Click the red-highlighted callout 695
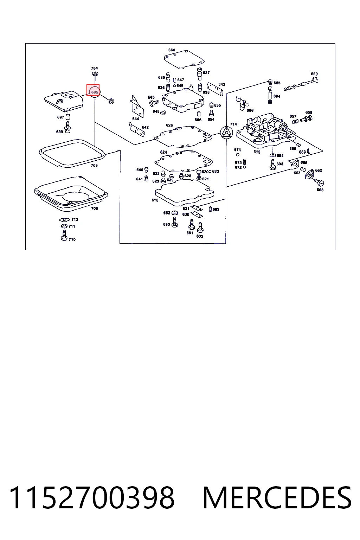93,90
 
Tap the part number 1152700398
92,498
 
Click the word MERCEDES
277,498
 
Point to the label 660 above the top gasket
172,50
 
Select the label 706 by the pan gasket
94,165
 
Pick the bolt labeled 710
64,235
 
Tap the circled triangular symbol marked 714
226,133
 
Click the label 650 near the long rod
314,74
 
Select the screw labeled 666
320,183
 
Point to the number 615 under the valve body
257,152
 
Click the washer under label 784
95,74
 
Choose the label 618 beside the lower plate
155,200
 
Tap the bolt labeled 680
175,222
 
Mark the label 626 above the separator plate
169,125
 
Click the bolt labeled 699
67,128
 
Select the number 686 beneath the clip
250,110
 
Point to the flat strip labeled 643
215,89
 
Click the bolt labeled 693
273,165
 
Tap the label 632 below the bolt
200,236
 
